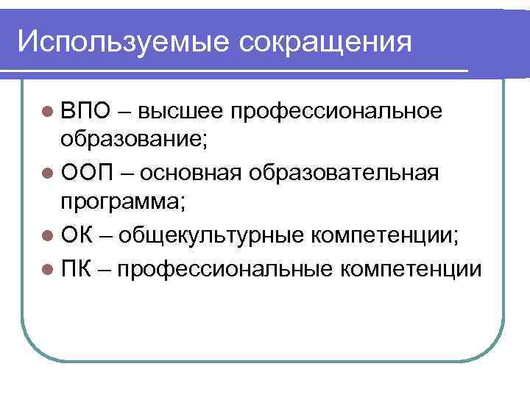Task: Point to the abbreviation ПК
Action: click(76, 269)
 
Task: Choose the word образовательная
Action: click(344, 174)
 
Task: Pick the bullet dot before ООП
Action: click(48, 175)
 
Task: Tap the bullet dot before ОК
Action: click(48, 237)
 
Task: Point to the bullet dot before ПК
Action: click(48, 270)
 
